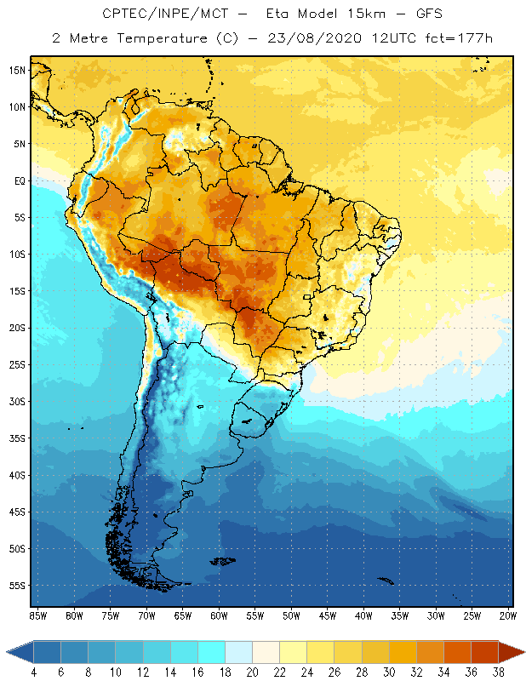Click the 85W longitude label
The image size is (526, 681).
tap(37, 615)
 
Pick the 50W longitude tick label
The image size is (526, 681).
tap(291, 615)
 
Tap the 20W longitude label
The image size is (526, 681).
tap(507, 615)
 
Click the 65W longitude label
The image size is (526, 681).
tap(182, 615)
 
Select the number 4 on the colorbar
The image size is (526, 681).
tap(33, 673)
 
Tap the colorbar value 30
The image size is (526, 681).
tap(389, 673)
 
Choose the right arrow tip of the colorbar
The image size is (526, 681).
tap(523, 652)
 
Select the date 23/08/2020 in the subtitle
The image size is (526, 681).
tap(315, 38)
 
